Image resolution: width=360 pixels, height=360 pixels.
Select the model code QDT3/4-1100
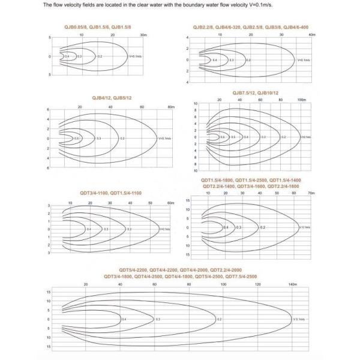click(95, 193)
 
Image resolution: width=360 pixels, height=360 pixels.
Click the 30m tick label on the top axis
click(143, 35)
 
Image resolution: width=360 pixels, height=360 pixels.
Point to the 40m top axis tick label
click(311, 35)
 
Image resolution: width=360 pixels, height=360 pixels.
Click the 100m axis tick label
click(301, 100)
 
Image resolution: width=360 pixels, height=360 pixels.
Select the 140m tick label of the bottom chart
click(293, 284)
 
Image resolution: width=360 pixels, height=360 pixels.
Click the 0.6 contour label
click(222, 137)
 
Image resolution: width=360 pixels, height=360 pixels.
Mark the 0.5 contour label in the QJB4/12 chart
click(76, 138)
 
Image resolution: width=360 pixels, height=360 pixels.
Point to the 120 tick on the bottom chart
click(259, 284)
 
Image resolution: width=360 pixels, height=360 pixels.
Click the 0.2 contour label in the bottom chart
click(220, 319)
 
